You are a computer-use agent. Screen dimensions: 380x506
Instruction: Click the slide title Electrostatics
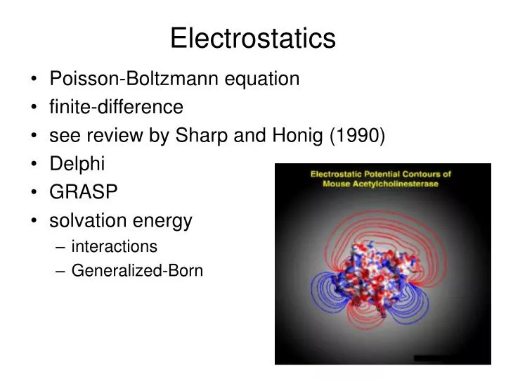[252, 38]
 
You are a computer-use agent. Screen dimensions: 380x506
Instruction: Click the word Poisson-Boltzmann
[135, 79]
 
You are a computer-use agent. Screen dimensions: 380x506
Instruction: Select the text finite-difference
[116, 107]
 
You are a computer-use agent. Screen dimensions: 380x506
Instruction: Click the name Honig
[299, 136]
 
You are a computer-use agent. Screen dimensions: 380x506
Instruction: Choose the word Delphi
[77, 164]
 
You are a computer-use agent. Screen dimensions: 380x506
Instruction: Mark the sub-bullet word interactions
[114, 246]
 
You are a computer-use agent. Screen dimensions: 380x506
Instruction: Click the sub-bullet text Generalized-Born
[137, 270]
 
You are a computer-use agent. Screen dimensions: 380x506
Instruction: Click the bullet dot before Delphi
[34, 165]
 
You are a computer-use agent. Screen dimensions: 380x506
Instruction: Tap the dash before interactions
[60, 247]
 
